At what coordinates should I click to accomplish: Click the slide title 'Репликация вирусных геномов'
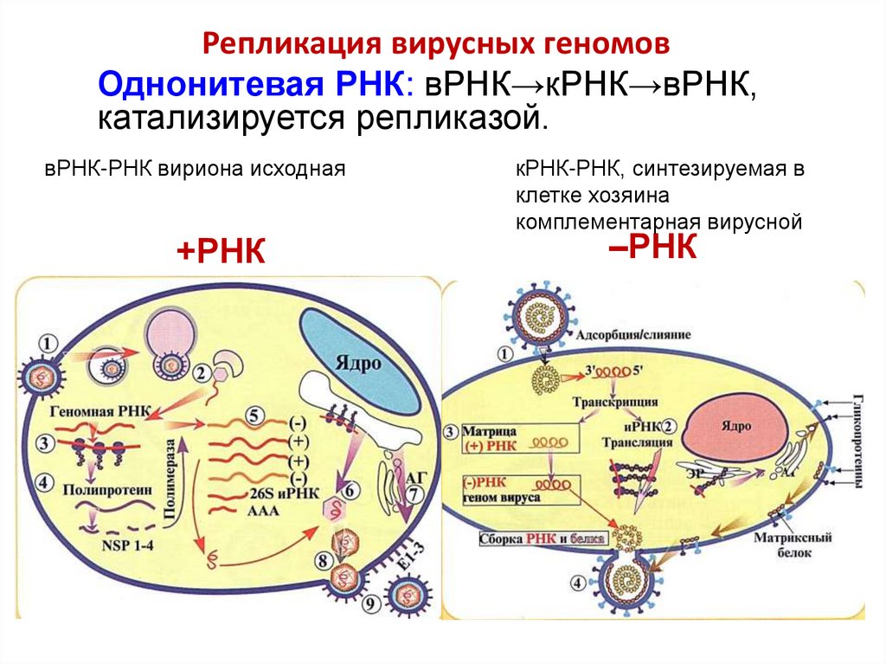[x=436, y=44]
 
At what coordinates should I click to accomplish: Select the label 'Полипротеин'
[x=103, y=489]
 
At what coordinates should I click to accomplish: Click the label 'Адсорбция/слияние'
[x=640, y=333]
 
